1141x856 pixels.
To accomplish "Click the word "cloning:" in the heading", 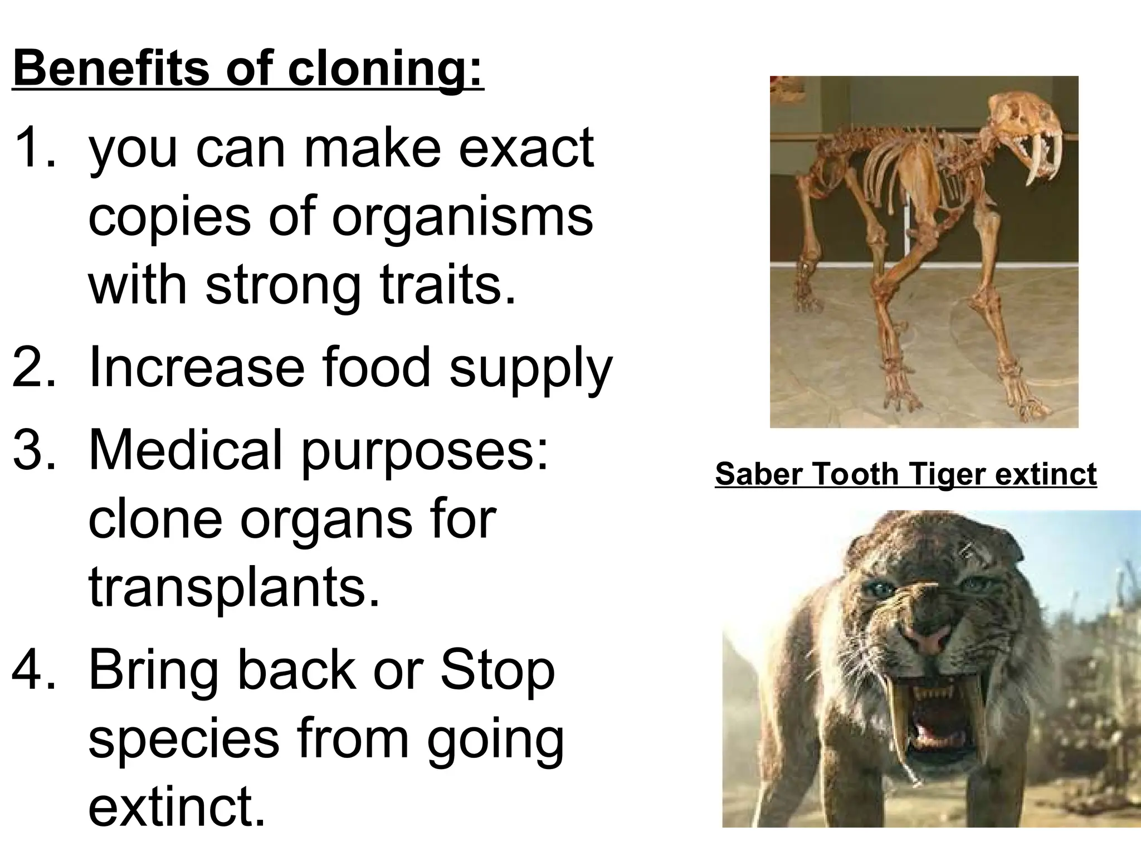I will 384,69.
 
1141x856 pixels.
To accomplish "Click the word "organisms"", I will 462,216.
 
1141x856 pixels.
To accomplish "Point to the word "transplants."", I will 234,587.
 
